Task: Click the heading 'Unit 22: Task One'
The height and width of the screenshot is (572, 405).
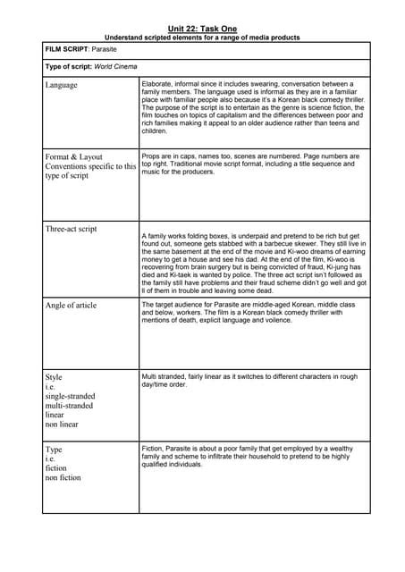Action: [x=202, y=29]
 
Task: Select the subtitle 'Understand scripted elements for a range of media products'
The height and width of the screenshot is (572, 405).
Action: [x=202, y=38]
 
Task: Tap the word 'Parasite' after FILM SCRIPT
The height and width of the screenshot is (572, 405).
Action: [x=107, y=50]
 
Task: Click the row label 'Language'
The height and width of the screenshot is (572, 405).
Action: [x=61, y=86]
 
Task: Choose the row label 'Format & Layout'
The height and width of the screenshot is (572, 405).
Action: [x=73, y=156]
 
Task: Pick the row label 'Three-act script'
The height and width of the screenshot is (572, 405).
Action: [x=71, y=229]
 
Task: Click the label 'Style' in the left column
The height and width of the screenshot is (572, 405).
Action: [x=54, y=377]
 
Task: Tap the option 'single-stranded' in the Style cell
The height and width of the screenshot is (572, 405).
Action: [x=70, y=396]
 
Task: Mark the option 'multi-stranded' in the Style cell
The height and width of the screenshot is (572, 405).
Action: [x=69, y=405]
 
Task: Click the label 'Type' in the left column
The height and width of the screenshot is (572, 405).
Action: [x=54, y=450]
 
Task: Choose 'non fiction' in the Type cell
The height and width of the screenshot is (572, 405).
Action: [x=63, y=477]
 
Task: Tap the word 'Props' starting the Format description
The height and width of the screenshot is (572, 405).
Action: [x=152, y=156]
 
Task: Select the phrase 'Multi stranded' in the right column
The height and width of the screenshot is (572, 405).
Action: [x=164, y=375]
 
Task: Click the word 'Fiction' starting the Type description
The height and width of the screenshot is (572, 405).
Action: [x=155, y=447]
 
